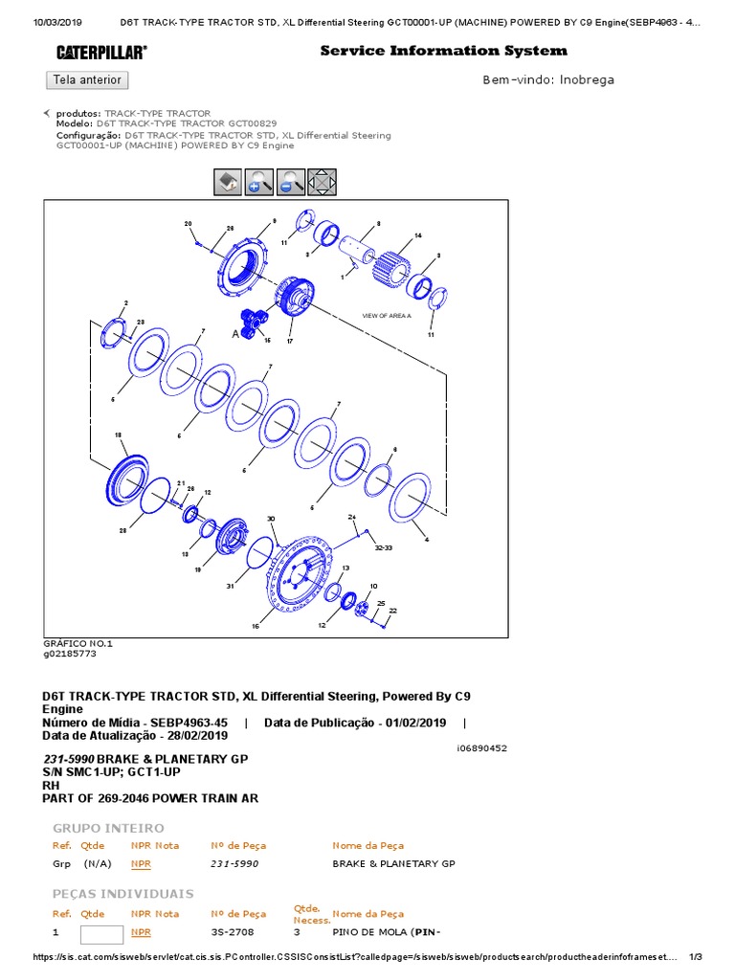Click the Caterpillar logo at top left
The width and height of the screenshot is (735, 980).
(101, 52)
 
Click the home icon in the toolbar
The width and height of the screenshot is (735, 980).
(227, 182)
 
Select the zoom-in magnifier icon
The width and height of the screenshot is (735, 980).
(259, 182)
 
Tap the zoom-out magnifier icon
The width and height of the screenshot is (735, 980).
(291, 182)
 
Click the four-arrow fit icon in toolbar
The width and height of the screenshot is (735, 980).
(323, 182)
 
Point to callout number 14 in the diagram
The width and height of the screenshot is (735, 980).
(417, 235)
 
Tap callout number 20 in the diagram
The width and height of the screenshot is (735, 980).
(188, 223)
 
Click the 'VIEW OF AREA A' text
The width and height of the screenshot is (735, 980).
(386, 315)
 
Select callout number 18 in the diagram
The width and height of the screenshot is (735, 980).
(119, 435)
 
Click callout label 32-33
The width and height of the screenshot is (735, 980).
(384, 548)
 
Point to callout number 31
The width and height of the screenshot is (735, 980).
(230, 586)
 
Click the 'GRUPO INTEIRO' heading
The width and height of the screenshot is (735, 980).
(108, 828)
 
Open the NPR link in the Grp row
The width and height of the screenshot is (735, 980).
(141, 863)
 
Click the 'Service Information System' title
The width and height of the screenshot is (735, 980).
(443, 51)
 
